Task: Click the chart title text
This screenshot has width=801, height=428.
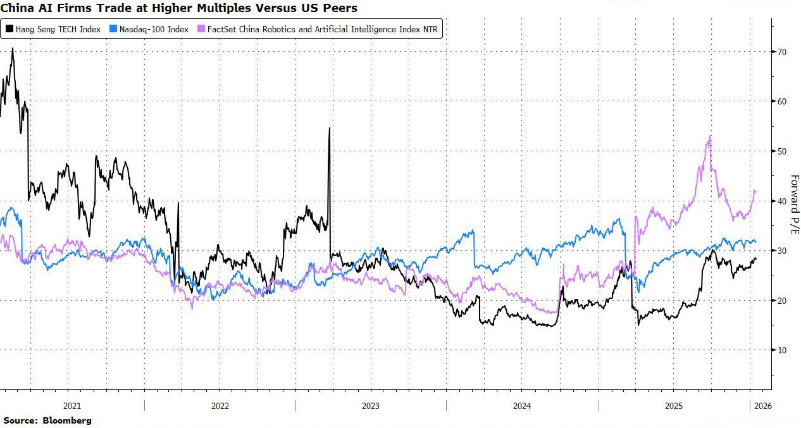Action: tap(179, 8)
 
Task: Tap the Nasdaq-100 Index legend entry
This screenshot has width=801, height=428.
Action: tap(154, 29)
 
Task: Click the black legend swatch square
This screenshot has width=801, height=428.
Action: tap(9, 29)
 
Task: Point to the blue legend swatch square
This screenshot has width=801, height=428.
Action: tap(115, 29)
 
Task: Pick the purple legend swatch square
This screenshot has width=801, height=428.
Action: tap(201, 29)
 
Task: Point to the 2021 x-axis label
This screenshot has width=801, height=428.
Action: tap(72, 406)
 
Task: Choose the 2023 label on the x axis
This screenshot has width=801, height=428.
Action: tap(371, 406)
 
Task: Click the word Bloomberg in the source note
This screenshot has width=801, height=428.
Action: tap(67, 420)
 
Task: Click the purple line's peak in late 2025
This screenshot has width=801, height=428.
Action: tap(711, 136)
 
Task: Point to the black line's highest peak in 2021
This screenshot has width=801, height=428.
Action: tap(13, 49)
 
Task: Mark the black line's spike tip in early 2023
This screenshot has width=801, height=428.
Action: tap(330, 129)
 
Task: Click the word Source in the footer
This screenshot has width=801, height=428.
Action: tap(20, 420)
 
